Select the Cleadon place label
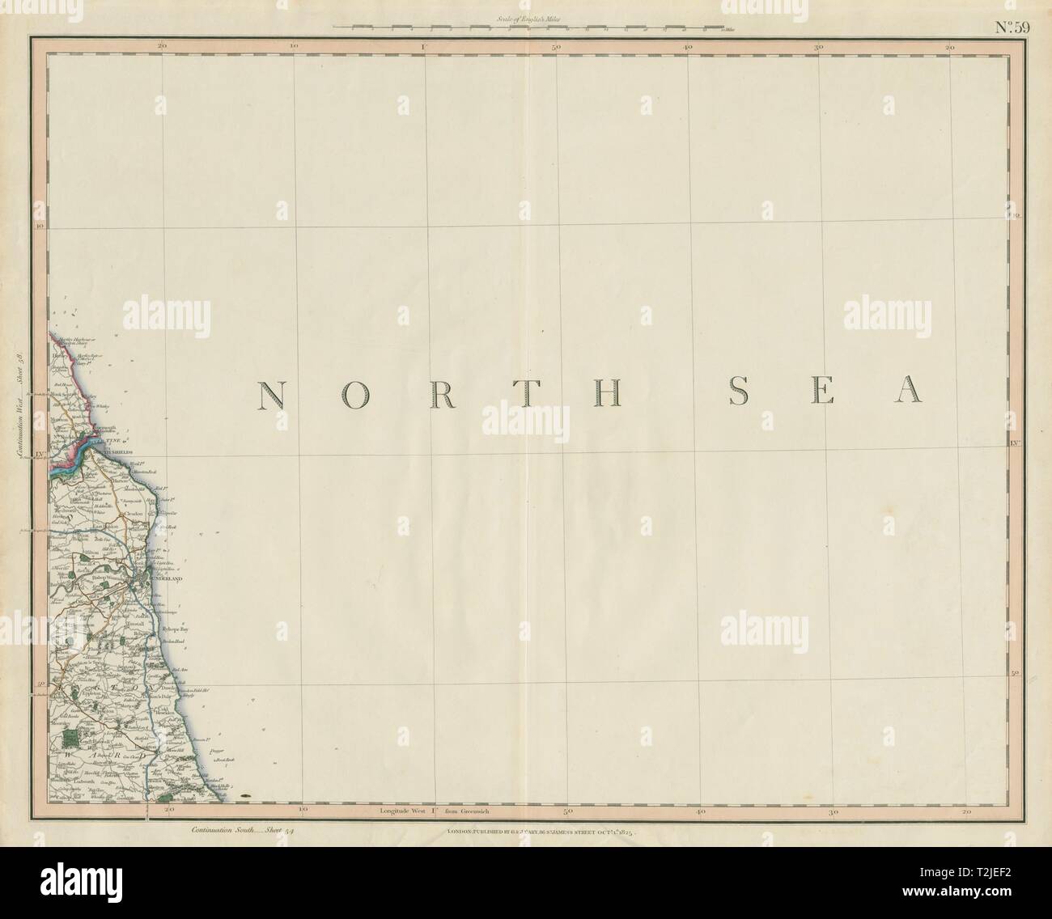(x=134, y=514)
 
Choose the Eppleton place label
(x=87, y=693)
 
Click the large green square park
(x=74, y=738)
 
